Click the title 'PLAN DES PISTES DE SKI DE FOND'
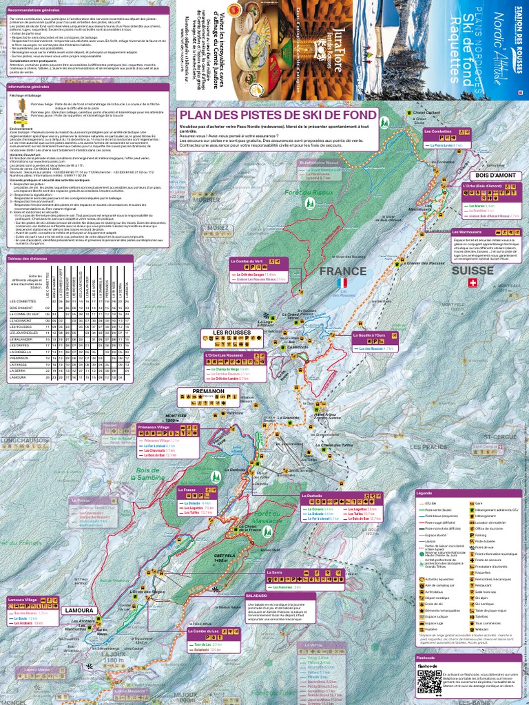tap(277, 115)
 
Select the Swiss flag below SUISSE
tap(472, 283)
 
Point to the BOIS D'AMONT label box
tap(490, 176)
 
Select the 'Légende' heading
tap(425, 493)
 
